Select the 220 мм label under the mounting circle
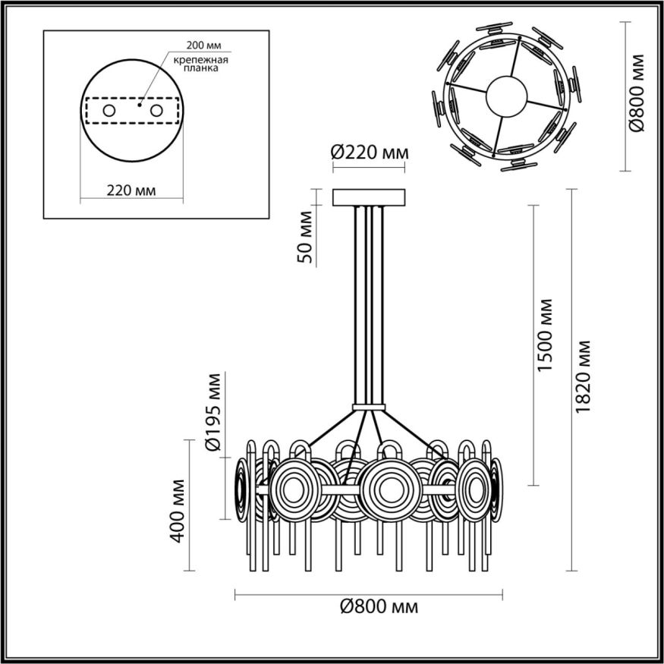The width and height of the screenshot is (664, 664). [x=132, y=191]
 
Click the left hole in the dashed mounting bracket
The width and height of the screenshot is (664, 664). [x=109, y=111]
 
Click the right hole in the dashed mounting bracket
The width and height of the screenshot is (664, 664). [x=157, y=111]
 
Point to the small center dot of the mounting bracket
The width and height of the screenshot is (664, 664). [x=139, y=105]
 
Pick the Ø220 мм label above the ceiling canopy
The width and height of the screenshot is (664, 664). [x=370, y=153]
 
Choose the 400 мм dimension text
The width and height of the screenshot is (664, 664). [x=178, y=511]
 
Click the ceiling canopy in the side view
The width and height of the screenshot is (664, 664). [x=370, y=197]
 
